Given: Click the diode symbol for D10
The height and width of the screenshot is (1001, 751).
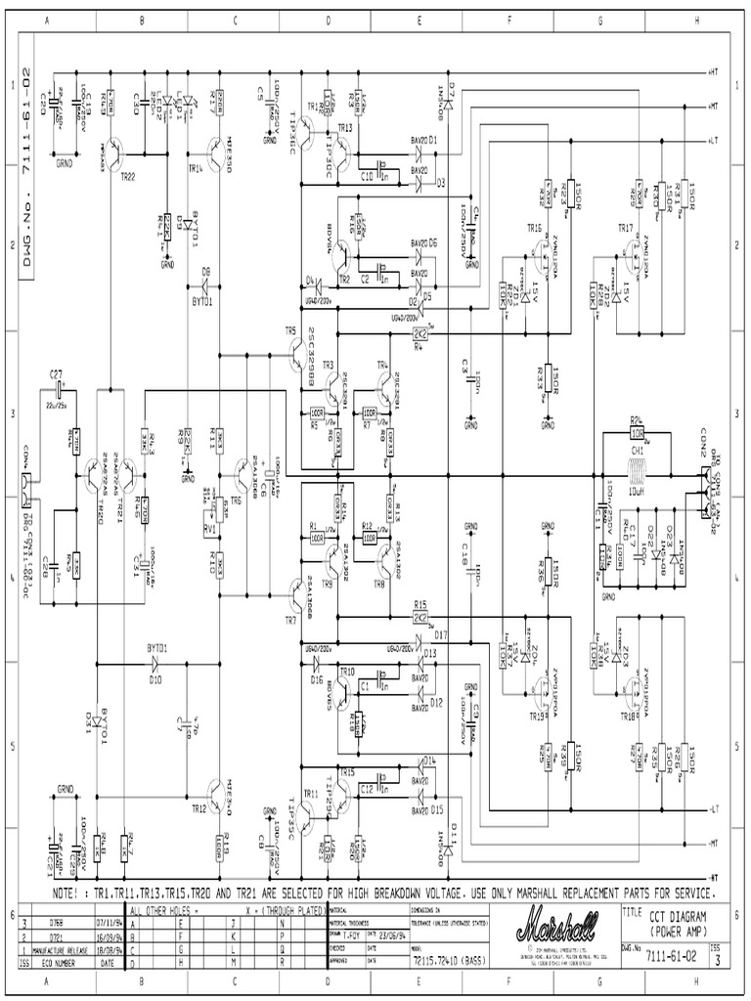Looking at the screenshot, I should click(155, 661).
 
